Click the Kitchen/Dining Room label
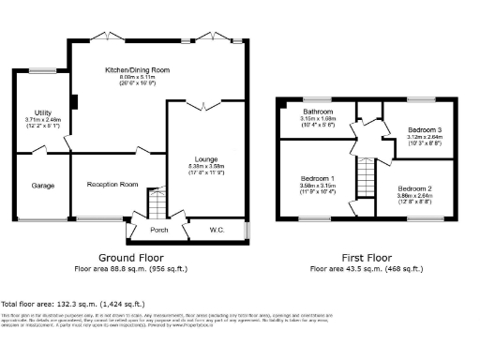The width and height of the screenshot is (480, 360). tap(137, 69)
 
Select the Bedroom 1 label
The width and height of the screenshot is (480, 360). tap(317, 178)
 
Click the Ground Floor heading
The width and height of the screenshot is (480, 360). tap(130, 257)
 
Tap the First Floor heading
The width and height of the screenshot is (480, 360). tap(366, 257)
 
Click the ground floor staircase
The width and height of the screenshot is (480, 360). tap(157, 201)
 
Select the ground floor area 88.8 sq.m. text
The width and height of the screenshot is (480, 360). tap(130, 267)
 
